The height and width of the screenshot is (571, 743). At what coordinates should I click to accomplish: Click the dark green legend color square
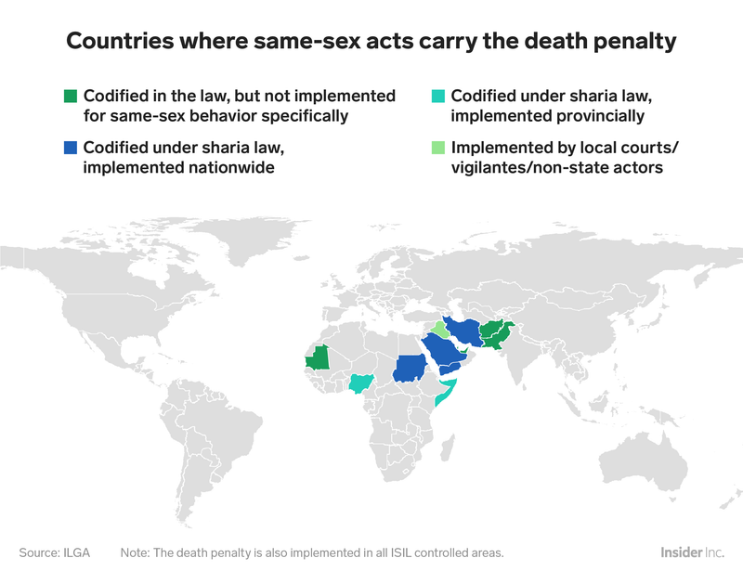coord(70,97)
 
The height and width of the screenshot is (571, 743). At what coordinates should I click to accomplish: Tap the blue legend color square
coord(70,149)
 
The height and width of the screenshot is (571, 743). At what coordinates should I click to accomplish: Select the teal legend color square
coord(438,97)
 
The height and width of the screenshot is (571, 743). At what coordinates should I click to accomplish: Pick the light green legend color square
coord(438,149)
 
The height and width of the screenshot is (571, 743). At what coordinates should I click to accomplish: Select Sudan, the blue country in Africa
coord(409,368)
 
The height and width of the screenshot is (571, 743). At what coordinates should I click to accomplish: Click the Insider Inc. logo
coord(694,552)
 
